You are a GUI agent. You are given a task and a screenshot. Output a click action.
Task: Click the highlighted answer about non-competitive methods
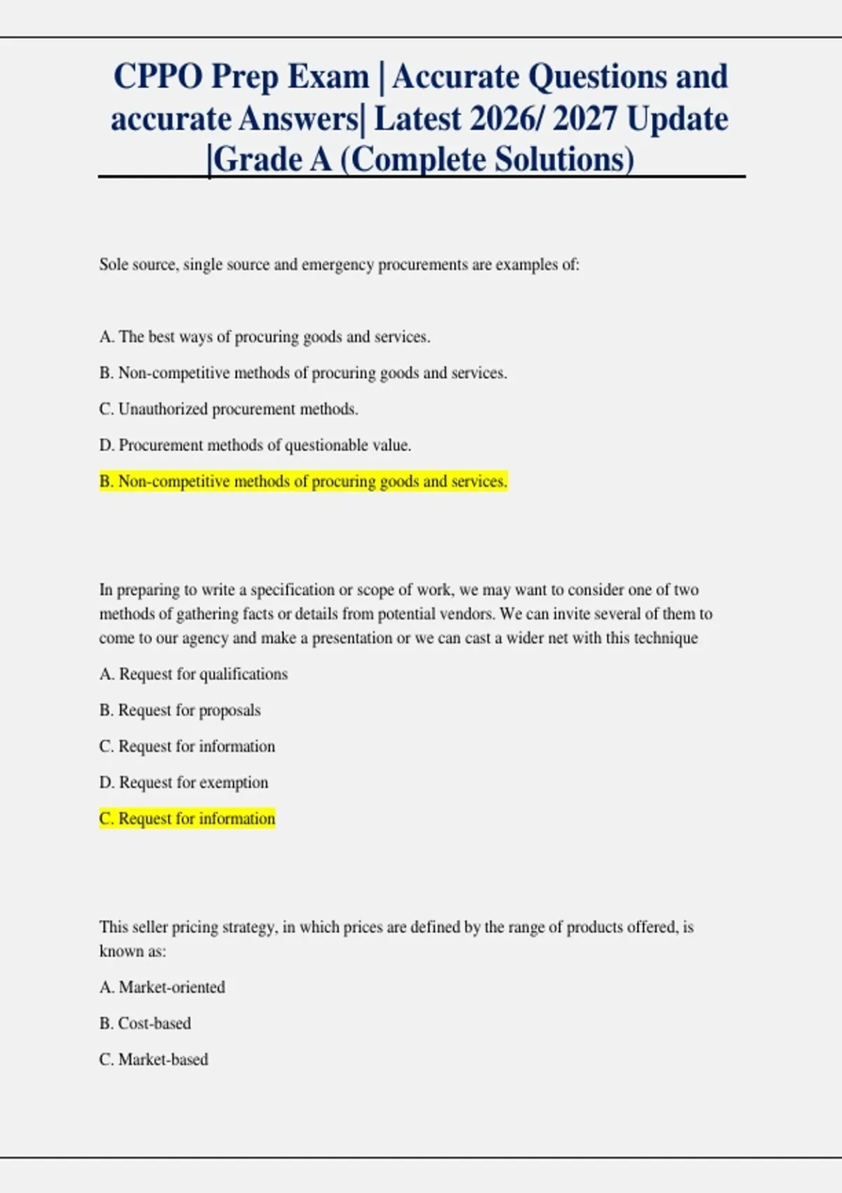click(x=303, y=481)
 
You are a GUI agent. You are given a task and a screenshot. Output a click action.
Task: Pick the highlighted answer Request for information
click(x=187, y=819)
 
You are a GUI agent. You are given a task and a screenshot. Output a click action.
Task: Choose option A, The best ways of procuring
click(x=265, y=337)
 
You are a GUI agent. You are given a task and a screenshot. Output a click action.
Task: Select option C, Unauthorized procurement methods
click(x=229, y=409)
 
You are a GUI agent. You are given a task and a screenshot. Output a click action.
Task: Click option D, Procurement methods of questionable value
click(x=255, y=446)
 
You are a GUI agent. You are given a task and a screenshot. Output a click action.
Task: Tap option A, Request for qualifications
click(x=194, y=674)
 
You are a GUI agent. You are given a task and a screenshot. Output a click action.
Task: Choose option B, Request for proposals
click(x=180, y=710)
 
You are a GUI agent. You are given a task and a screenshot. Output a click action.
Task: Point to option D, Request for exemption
click(x=184, y=782)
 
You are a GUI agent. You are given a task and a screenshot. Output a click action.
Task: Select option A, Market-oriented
click(x=162, y=987)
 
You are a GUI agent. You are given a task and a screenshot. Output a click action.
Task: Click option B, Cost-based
click(x=145, y=1024)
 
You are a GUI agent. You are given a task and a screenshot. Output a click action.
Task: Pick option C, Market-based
click(x=154, y=1060)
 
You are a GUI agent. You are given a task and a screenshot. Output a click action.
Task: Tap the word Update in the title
click(x=677, y=119)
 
